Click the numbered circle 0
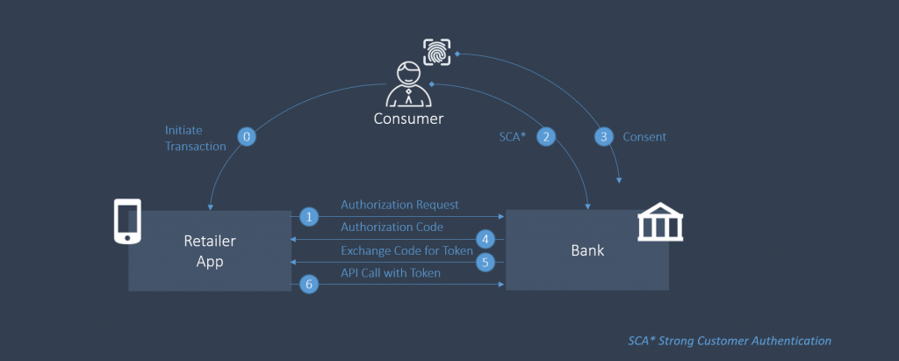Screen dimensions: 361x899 (x=247, y=137)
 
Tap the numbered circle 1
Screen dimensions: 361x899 (x=308, y=216)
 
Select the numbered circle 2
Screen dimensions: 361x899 (x=546, y=137)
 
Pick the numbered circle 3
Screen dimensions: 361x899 (x=603, y=137)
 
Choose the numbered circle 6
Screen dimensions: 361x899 (x=308, y=284)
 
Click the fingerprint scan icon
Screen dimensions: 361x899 (x=437, y=53)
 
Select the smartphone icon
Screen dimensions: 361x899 (x=127, y=220)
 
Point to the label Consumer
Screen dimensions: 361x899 (x=408, y=119)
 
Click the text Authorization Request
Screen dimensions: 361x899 (x=399, y=205)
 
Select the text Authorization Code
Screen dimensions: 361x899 (x=392, y=227)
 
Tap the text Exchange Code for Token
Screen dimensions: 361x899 (x=406, y=250)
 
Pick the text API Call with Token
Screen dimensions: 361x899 (x=391, y=273)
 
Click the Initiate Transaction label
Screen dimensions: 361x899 (x=195, y=138)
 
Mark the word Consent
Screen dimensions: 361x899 (x=644, y=137)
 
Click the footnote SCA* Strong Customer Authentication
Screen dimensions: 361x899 (x=729, y=340)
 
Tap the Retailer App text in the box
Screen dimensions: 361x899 (x=209, y=249)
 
